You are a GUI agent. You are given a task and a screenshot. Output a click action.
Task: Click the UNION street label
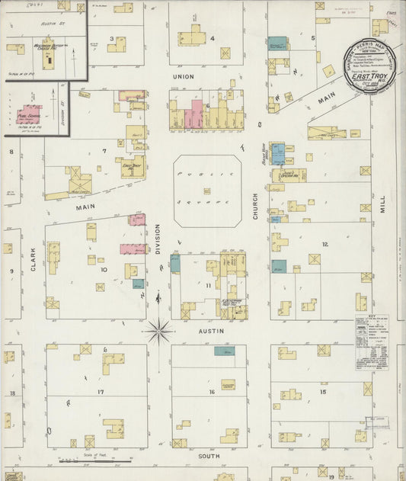coord(184,77)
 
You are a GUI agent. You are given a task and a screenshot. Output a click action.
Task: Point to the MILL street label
coord(382,203)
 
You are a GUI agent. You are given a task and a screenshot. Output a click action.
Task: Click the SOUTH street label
coord(209,456)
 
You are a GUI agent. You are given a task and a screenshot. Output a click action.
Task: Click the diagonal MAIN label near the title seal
coord(327,98)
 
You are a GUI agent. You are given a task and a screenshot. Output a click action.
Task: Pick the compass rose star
coord(159,331)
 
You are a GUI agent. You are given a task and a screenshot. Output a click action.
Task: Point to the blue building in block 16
coord(224,351)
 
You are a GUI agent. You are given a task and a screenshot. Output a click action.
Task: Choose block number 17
coord(100,391)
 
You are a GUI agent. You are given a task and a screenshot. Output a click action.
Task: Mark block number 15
coord(323,391)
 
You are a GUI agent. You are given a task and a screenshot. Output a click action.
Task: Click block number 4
coord(213,38)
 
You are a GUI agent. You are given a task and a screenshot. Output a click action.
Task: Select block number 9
coord(11,271)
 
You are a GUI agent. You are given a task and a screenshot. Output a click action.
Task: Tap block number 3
coord(112,38)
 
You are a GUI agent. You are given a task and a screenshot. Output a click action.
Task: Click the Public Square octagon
coord(207,191)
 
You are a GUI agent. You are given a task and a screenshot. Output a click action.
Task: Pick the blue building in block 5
coord(277,43)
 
